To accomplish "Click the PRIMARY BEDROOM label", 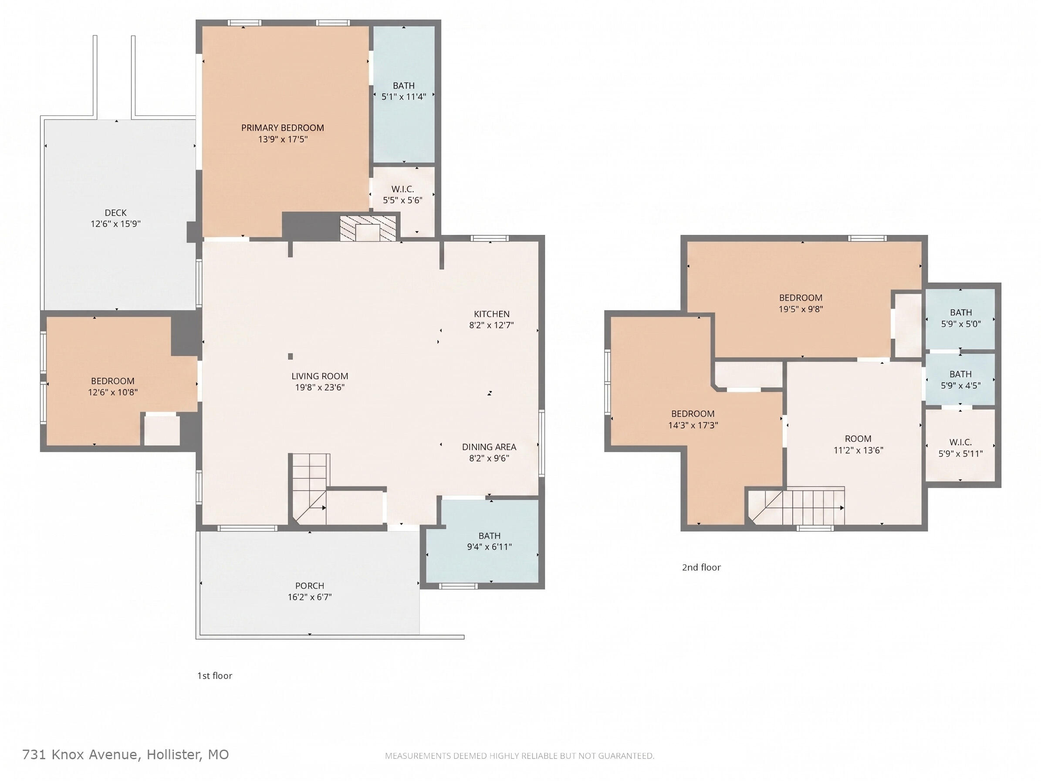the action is (282, 128).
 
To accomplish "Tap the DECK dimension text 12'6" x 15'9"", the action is (116, 224).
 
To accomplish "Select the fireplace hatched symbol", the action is (368, 229).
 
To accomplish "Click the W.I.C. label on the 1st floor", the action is (402, 189).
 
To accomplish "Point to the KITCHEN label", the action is (491, 314).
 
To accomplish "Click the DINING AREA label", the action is (489, 447).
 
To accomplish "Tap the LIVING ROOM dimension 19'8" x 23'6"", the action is (320, 387).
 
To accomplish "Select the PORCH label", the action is (310, 586).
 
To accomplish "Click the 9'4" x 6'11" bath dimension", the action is (490, 547).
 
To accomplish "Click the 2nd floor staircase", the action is (796, 506).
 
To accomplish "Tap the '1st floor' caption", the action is (215, 676).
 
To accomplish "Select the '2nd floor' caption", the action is (701, 567).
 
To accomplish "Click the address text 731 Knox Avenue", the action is (80, 755).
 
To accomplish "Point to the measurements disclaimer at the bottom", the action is (520, 756).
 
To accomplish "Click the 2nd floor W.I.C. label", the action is (960, 442).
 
